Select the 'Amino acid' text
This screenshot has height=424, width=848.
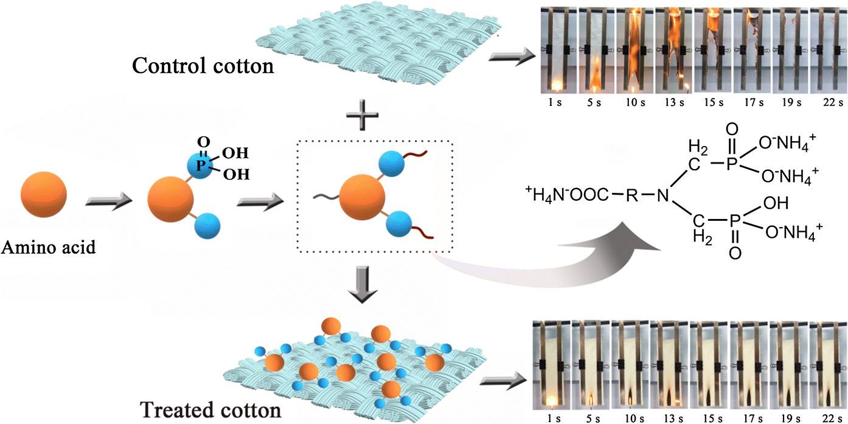(x=48, y=248)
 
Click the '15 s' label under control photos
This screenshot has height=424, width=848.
(x=709, y=103)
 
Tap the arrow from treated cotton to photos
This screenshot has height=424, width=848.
(x=500, y=382)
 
